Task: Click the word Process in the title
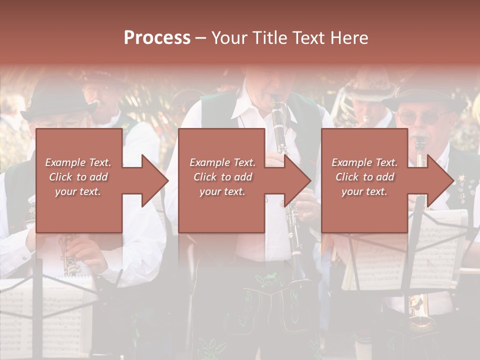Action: [157, 37]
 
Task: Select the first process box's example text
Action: [78, 177]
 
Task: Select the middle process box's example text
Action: [222, 177]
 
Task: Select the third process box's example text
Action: [364, 177]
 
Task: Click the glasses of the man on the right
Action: [418, 118]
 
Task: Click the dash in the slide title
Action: [200, 38]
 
